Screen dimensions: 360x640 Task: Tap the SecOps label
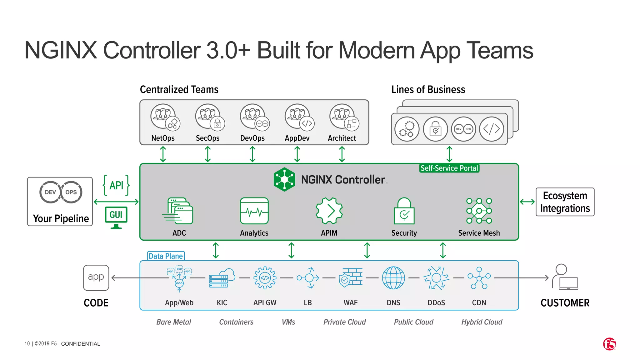(x=207, y=138)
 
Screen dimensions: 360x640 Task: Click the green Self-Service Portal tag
(x=449, y=168)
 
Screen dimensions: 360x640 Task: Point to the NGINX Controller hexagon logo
(x=284, y=179)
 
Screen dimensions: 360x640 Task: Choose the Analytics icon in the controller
(x=254, y=211)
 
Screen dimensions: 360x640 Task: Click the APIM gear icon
(x=329, y=211)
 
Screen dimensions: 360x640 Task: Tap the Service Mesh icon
(x=479, y=211)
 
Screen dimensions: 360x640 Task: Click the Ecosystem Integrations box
(x=565, y=202)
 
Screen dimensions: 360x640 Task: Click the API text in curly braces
(x=116, y=185)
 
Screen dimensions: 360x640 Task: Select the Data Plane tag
(x=166, y=256)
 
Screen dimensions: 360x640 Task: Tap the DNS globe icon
(x=393, y=278)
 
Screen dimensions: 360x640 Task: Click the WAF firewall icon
(x=351, y=278)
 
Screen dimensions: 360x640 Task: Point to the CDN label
(x=479, y=302)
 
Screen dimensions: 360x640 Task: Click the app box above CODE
(x=96, y=277)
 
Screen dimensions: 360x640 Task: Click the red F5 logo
(x=609, y=344)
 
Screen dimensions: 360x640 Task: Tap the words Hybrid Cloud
(x=482, y=322)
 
